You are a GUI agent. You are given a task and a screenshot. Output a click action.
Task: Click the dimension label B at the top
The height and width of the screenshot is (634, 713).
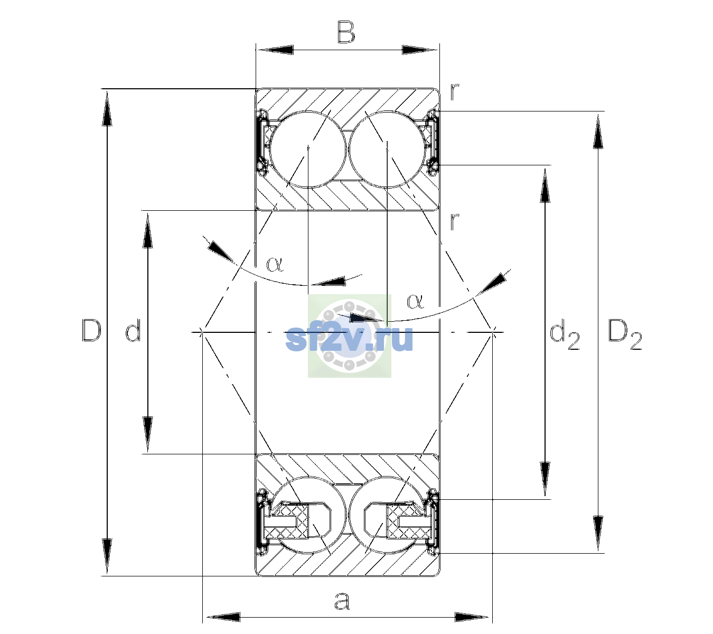(346, 32)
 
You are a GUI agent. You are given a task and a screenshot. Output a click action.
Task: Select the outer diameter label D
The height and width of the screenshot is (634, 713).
(91, 330)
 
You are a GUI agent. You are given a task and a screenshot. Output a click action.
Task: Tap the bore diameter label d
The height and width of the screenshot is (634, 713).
(134, 330)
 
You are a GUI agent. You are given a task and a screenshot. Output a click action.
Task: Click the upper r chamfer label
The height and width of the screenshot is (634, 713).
(454, 92)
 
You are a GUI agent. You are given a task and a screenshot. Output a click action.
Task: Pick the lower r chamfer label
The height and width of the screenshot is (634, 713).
(454, 221)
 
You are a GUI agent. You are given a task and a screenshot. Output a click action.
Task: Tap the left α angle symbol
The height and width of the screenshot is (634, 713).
(275, 264)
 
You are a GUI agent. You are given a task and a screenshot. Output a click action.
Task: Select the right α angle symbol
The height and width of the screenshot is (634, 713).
(415, 301)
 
